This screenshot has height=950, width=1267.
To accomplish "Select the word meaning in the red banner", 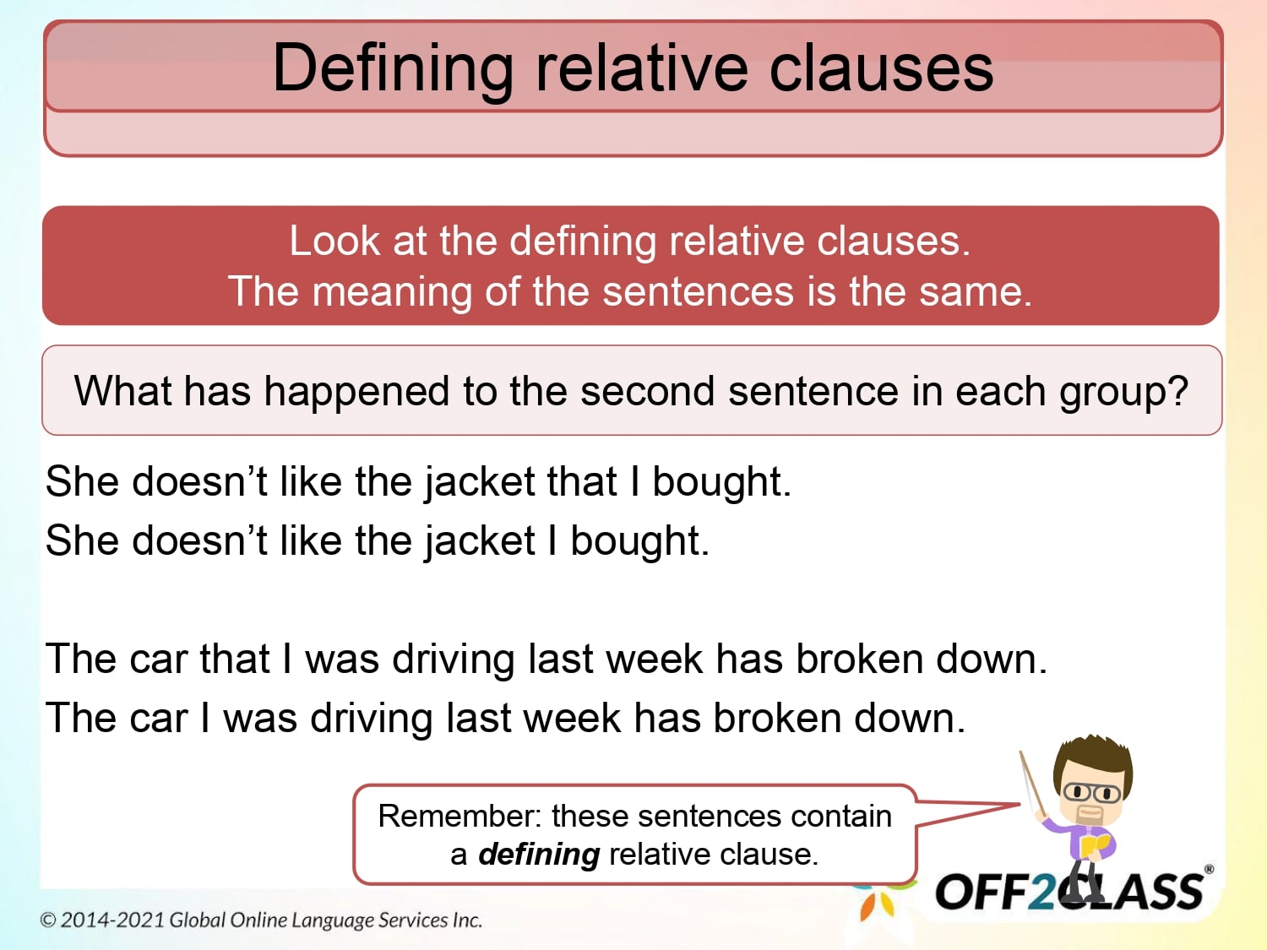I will coord(392,292).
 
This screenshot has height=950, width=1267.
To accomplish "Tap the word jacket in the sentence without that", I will coord(480,541).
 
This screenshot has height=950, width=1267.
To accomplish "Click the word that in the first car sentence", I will coord(235,660).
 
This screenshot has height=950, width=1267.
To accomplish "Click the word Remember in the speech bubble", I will coord(456,817).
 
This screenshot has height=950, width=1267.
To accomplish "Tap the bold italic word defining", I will coord(539,855).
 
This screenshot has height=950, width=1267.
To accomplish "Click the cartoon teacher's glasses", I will coord(1091,793).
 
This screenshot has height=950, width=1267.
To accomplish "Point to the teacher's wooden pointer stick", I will coord(1031,782).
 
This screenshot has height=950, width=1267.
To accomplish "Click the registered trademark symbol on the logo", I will coord(1209,869).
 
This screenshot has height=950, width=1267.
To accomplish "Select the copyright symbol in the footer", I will coord(48,920).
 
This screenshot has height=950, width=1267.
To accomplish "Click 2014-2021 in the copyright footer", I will coord(112,920).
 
